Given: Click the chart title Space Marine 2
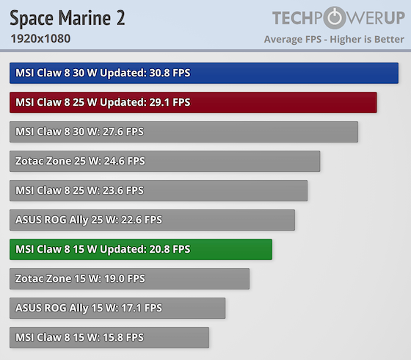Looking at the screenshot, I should coord(68,18).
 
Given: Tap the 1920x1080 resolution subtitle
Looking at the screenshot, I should coord(40,38).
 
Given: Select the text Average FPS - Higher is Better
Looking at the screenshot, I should coord(334,39).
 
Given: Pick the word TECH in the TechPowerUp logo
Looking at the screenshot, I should coord(297,18).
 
